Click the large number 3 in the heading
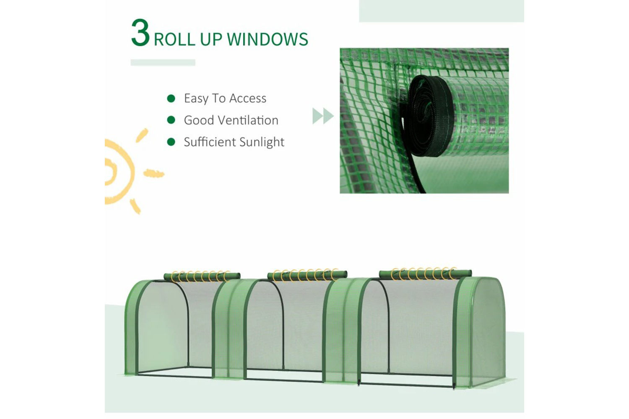click(140, 33)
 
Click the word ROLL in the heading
click(174, 39)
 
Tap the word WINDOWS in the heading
click(268, 39)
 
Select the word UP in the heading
click(211, 39)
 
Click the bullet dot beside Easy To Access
click(171, 98)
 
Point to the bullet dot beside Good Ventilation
click(171, 120)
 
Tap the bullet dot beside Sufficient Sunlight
click(171, 142)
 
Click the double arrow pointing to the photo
click(323, 116)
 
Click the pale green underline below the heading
click(163, 62)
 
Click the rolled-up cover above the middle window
click(307, 274)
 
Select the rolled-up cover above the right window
click(425, 273)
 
